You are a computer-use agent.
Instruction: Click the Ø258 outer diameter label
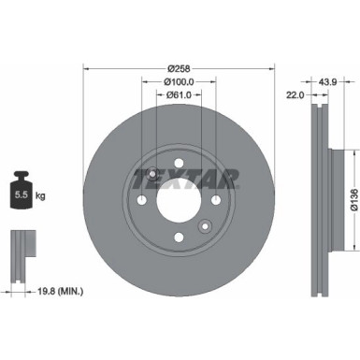click(180, 70)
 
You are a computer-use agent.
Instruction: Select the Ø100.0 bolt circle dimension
click(180, 82)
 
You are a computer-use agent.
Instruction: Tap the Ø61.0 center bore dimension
click(180, 95)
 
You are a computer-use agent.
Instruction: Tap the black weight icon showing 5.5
click(22, 194)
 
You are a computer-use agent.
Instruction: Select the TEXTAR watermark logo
click(196, 177)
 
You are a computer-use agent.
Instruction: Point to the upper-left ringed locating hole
click(153, 173)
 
